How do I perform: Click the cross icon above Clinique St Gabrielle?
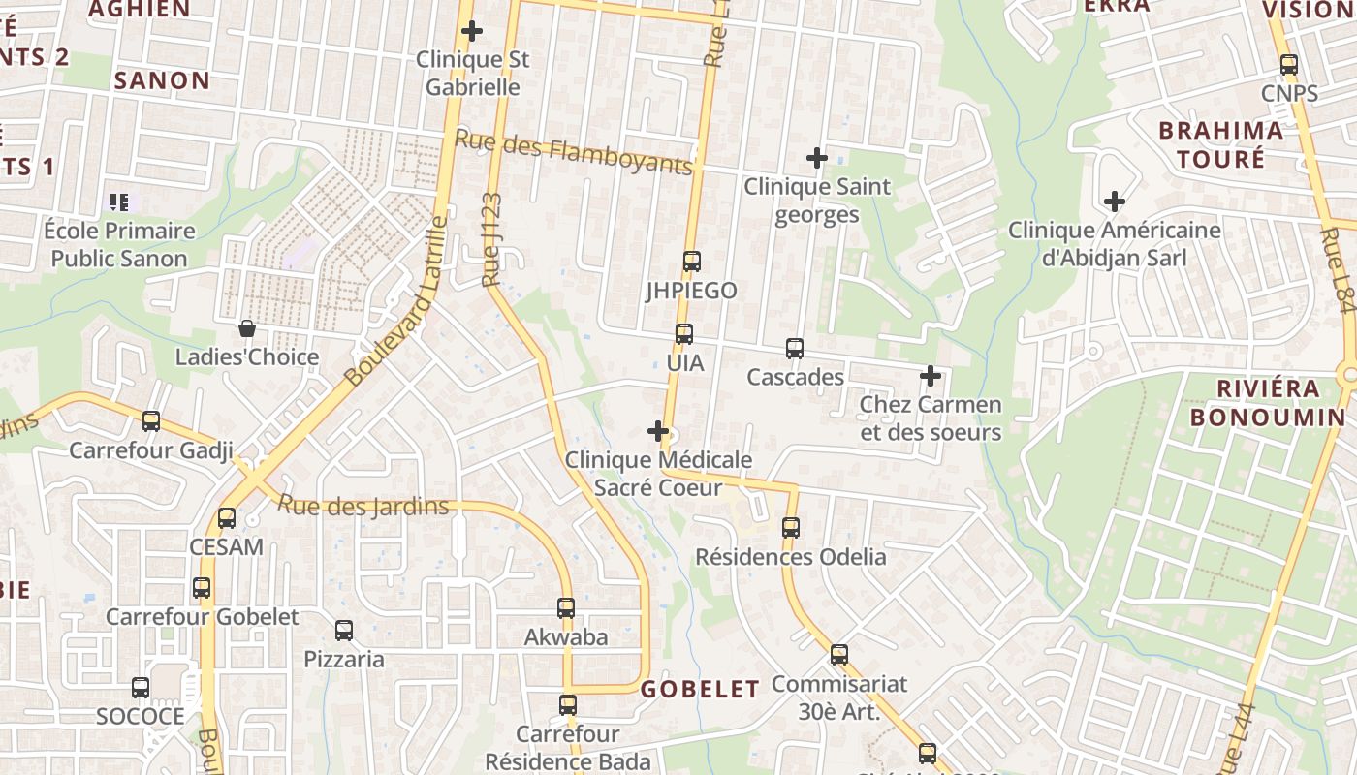pos(472,31)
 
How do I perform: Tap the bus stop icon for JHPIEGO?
pos(691,261)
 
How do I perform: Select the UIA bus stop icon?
pos(684,334)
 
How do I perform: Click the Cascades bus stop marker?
pos(795,348)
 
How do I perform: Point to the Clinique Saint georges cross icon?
pos(817,157)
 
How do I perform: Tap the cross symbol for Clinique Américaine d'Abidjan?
pos(1115,201)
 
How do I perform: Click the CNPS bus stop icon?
pos(1289,65)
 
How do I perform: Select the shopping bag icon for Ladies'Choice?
pos(247,328)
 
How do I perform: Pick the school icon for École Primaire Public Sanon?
pos(119,202)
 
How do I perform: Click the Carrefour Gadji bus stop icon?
pos(151,420)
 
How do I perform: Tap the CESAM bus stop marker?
pos(227,517)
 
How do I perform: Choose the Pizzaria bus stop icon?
pos(344,631)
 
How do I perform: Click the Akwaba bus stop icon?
pos(566,608)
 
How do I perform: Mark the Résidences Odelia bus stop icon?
pos(791,528)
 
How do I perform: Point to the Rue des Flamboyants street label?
pos(574,152)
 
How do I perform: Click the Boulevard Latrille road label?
pos(397,301)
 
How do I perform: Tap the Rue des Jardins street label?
pos(363,506)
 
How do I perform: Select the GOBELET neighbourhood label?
pos(700,689)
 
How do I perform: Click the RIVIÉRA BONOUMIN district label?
pos(1268,403)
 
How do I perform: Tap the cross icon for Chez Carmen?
pos(931,375)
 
